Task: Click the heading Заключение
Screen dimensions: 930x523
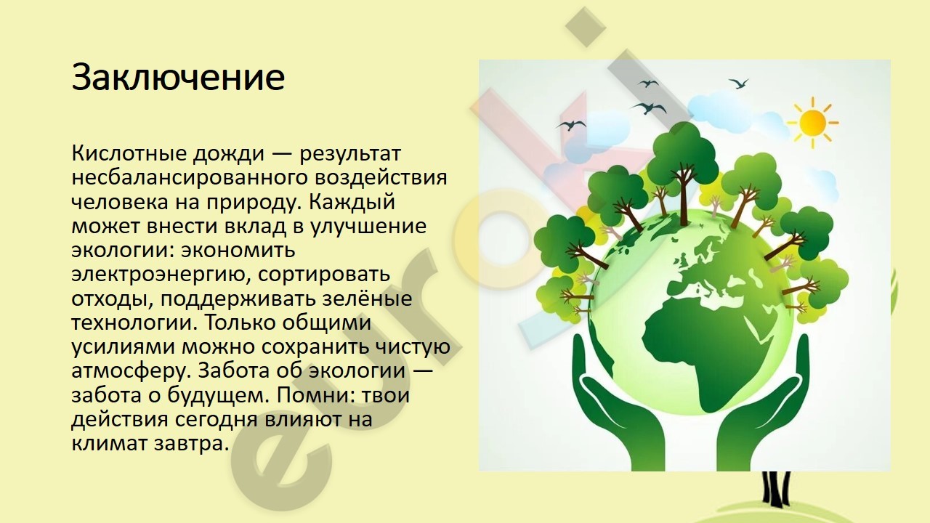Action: pos(178,78)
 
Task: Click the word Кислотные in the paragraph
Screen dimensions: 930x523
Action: pos(129,153)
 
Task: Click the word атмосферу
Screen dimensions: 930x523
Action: pos(132,371)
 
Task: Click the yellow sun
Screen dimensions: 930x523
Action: pos(812,123)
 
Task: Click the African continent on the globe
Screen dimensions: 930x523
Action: pos(705,349)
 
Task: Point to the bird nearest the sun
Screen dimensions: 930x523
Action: pos(739,84)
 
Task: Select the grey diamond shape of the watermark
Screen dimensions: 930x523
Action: pos(586,27)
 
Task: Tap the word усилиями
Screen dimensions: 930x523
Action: pos(123,347)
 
